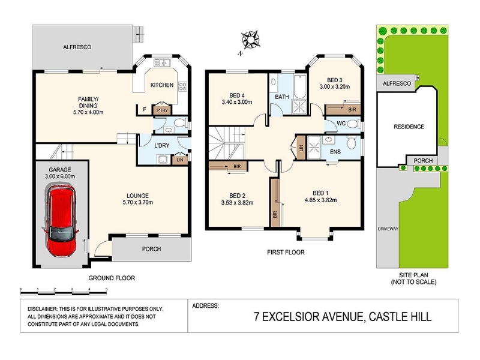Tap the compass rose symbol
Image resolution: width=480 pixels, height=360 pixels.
click(250, 40)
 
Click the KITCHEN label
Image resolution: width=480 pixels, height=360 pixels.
click(162, 85)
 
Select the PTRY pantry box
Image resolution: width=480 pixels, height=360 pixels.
click(162, 110)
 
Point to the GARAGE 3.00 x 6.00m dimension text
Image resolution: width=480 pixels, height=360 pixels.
click(60, 176)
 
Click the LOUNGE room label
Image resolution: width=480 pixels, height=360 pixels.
click(138, 196)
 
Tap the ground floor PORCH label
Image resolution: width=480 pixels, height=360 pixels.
click(152, 249)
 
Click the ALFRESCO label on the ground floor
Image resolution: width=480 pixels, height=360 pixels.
click(77, 47)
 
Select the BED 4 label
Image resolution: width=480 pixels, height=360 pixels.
click(237, 95)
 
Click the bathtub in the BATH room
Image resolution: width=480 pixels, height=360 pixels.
click(300, 85)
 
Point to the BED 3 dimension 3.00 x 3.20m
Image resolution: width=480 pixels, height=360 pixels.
click(335, 86)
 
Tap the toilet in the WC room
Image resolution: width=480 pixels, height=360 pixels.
click(353, 124)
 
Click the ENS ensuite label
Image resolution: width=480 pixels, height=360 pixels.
click(335, 152)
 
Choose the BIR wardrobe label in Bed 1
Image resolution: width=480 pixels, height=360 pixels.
click(275, 214)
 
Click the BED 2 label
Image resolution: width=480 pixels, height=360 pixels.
click(237, 196)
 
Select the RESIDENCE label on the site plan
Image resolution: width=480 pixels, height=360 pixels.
click(409, 127)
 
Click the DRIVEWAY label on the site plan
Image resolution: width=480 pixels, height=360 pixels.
click(388, 229)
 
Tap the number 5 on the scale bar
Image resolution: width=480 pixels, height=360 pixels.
click(106, 289)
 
